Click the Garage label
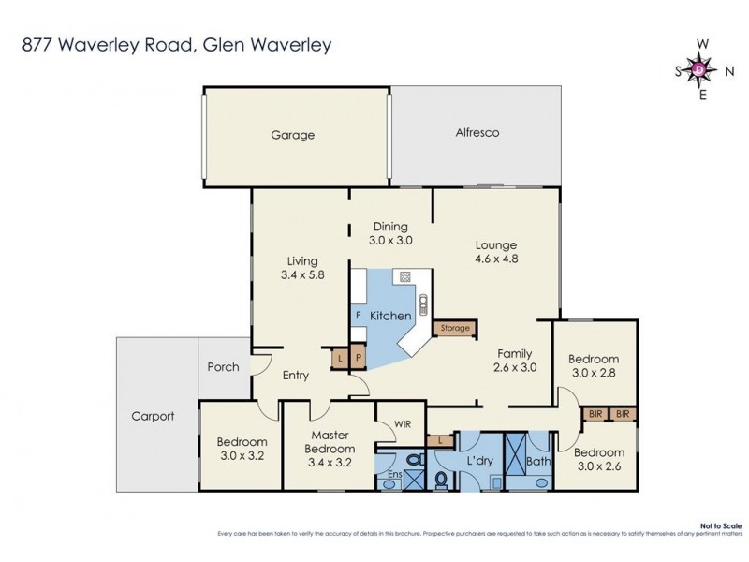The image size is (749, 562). (293, 135)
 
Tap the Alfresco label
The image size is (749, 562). (477, 133)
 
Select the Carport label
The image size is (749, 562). (152, 417)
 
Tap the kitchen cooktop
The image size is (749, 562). (404, 276)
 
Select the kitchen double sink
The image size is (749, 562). (421, 303)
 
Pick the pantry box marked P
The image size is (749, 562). (357, 359)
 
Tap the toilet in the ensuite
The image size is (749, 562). (413, 459)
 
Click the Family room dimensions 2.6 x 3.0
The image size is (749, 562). (514, 368)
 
